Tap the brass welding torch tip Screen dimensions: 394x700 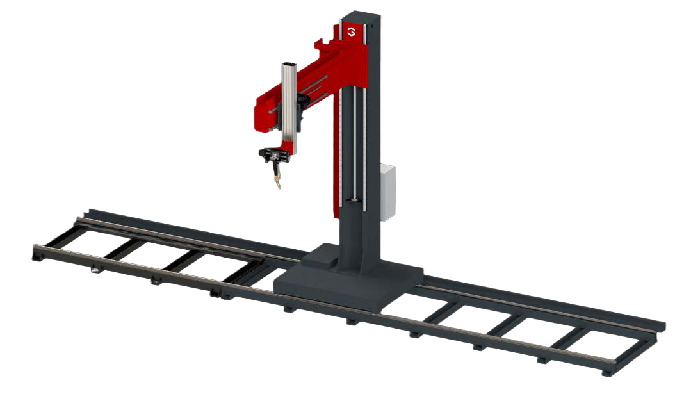tap(278, 186)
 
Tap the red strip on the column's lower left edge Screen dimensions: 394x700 tap(337, 192)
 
